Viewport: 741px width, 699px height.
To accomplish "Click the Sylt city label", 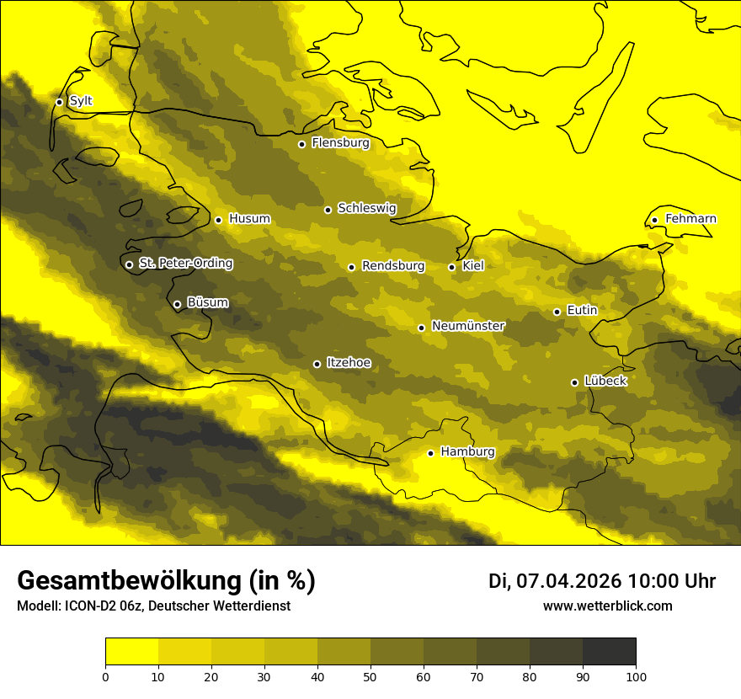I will pos(81,101).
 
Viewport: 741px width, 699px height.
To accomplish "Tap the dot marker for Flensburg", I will pos(301,144).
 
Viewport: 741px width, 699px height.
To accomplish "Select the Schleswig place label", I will pos(366,208).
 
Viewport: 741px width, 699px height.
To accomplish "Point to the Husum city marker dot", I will pos(218,220).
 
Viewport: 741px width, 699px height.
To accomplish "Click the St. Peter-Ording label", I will pos(185,263).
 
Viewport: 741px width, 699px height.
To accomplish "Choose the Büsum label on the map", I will pos(207,302).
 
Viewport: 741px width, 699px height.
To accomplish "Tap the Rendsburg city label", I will pos(393,266).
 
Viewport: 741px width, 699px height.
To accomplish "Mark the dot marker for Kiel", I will pos(451,267).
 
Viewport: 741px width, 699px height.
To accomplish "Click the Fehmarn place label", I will pos(690,219).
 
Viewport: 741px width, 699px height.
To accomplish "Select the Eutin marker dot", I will pos(557,312).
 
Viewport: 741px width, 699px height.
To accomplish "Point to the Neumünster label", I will pos(468,326).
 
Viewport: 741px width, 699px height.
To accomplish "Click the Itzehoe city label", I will pos(349,363).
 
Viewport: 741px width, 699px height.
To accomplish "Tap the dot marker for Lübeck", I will pos(574,382).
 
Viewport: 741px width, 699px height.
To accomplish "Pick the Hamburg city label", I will pos(467,451).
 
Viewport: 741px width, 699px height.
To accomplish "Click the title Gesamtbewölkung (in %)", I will pos(166,581).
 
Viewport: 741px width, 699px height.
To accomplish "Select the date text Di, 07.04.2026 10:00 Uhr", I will pos(602,581).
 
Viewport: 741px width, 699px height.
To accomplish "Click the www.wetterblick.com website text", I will pos(607,606).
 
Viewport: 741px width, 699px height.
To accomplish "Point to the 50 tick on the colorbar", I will pos(370,676).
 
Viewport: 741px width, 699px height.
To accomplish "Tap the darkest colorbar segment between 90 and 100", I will pos(609,652).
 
